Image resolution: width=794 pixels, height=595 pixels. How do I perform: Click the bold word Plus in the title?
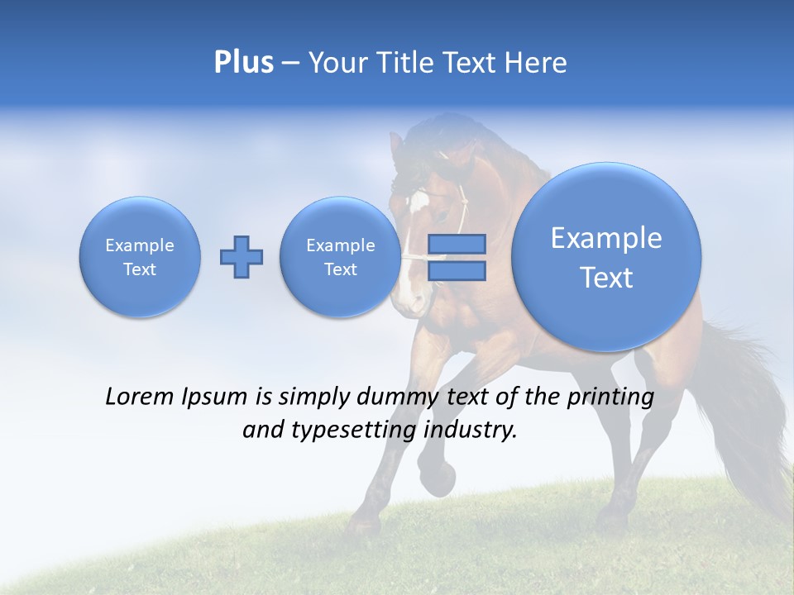(x=243, y=63)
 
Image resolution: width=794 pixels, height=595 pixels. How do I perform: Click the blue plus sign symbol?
(x=242, y=257)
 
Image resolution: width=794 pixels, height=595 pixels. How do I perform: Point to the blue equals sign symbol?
(x=456, y=257)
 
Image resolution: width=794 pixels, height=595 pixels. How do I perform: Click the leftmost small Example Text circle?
(x=140, y=257)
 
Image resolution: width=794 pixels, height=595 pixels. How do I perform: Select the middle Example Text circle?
(x=340, y=257)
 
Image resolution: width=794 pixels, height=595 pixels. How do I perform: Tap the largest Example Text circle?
(x=606, y=257)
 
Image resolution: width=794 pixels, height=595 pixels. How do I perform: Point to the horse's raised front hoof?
(x=438, y=478)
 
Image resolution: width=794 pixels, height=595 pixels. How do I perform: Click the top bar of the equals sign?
(x=456, y=245)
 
